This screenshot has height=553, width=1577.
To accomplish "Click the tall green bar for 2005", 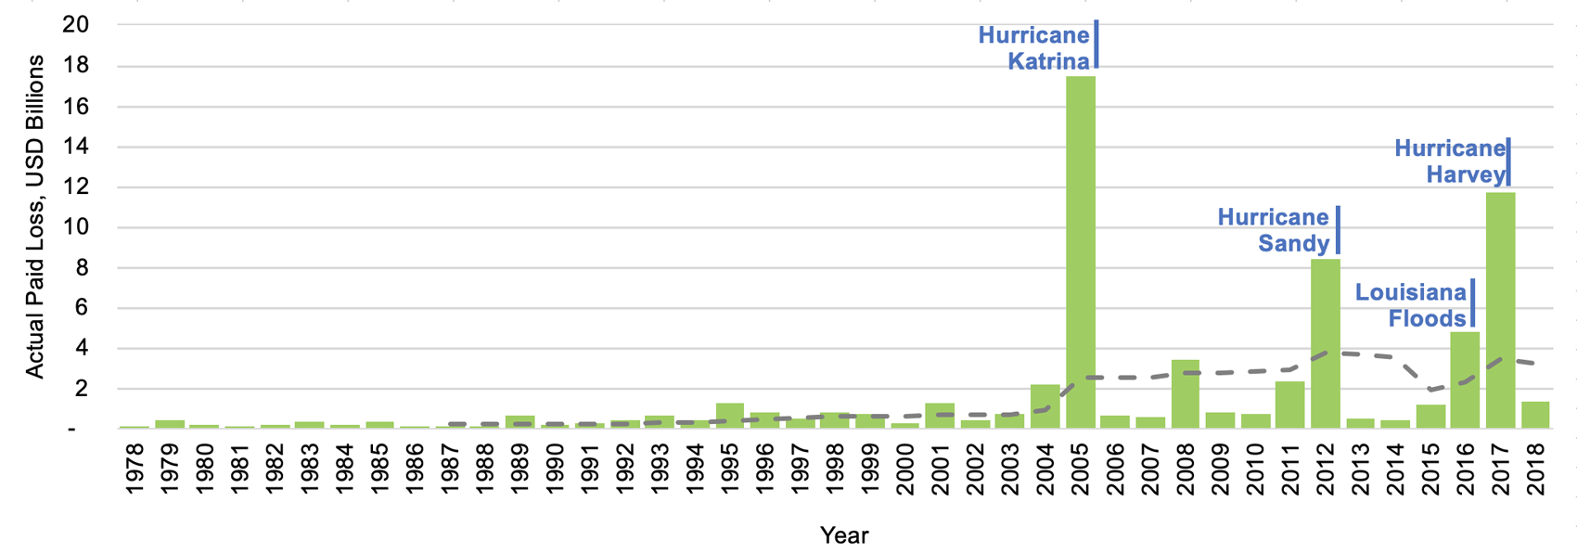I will pyautogui.click(x=1080, y=251).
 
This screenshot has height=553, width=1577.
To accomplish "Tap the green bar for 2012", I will pyautogui.click(x=1325, y=343).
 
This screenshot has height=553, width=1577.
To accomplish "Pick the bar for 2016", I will pyautogui.click(x=1465, y=379).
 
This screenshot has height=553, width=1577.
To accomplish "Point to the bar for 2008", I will pyautogui.click(x=1185, y=393).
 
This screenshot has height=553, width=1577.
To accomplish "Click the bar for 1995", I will pyautogui.click(x=730, y=416).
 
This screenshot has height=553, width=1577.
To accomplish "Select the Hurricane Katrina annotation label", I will pyautogui.click(x=1033, y=48).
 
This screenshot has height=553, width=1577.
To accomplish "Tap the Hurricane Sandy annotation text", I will pyautogui.click(x=1273, y=230).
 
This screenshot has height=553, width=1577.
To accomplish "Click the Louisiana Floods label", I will pyautogui.click(x=1410, y=305).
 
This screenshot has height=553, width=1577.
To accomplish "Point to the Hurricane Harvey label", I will pyautogui.click(x=1449, y=161).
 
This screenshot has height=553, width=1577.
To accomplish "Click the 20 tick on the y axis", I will pyautogui.click(x=75, y=25).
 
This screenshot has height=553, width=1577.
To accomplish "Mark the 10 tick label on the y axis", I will pyautogui.click(x=75, y=227).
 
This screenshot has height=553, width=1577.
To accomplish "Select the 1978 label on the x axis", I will pyautogui.click(x=135, y=469).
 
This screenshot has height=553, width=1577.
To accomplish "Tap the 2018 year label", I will pyautogui.click(x=1535, y=469).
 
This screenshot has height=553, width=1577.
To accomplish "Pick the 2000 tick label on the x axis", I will pyautogui.click(x=905, y=469).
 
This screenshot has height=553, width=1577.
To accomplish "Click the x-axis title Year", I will pyautogui.click(x=843, y=535).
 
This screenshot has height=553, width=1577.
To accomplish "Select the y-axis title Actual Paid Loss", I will pyautogui.click(x=34, y=216).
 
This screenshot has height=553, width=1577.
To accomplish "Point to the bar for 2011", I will pyautogui.click(x=1289, y=405).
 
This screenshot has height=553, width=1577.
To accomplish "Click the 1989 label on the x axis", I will pyautogui.click(x=520, y=469).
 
